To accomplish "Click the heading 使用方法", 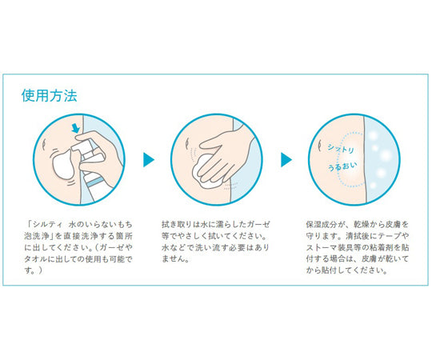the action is point(50,96).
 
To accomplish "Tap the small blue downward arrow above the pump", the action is point(75,128).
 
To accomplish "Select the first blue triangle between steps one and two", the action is point(149,160).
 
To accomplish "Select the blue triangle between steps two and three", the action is point(286,160).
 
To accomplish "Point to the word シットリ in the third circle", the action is point(341,149).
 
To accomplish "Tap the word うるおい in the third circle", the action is point(342,166).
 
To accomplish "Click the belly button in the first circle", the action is point(44,144).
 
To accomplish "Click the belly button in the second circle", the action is point(187,143).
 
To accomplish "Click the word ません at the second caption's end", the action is point(173,259).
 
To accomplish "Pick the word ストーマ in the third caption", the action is point(321,247).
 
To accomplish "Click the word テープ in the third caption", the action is point(390,236).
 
